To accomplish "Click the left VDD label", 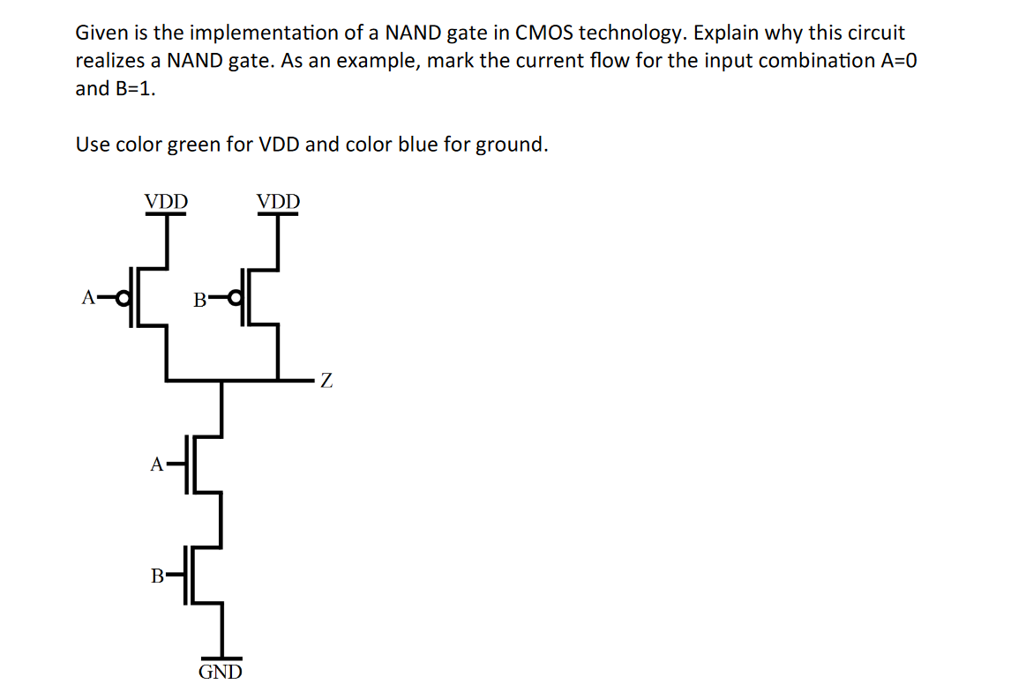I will pyautogui.click(x=166, y=201).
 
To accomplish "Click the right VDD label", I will pyautogui.click(x=278, y=201).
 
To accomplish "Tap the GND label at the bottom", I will pyautogui.click(x=221, y=673).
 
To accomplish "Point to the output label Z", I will pyautogui.click(x=326, y=382).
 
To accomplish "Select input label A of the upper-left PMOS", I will pyautogui.click(x=87, y=298).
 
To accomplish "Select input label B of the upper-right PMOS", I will pyautogui.click(x=199, y=301).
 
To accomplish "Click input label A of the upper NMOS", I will pyautogui.click(x=157, y=464).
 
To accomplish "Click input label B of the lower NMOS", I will pyautogui.click(x=157, y=576).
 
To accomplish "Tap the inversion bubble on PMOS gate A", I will pyautogui.click(x=124, y=297).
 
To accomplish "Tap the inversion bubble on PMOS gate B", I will pyautogui.click(x=236, y=298).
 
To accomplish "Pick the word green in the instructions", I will pyautogui.click(x=194, y=145).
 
